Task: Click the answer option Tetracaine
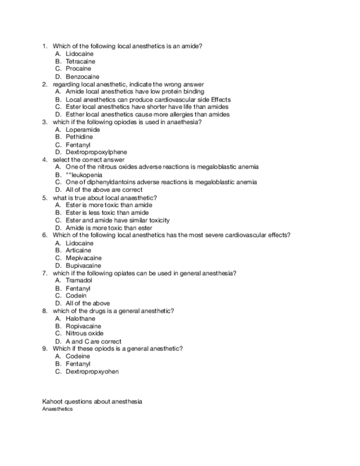coord(80,62)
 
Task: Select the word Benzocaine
coord(82,77)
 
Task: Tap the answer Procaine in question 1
coord(79,69)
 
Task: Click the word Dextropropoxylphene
coord(96,152)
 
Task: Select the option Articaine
coord(79,251)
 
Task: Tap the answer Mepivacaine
coord(84,258)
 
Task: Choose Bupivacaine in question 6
coord(83,266)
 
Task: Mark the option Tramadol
coord(79,280)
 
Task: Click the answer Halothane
coord(80,319)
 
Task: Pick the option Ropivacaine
coord(84,326)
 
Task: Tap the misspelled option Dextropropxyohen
coord(92,371)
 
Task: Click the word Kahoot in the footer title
coord(52,402)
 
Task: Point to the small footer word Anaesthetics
coord(57,409)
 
